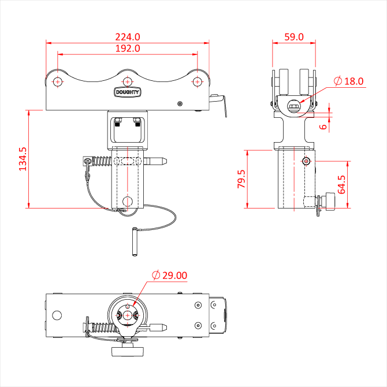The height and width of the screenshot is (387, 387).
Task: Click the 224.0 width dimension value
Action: (x=128, y=37)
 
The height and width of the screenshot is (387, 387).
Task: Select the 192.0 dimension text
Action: (x=128, y=49)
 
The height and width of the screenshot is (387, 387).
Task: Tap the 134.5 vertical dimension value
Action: (x=23, y=159)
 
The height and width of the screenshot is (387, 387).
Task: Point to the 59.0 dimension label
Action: (x=294, y=37)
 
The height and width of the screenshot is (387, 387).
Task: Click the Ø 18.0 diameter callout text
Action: (x=348, y=81)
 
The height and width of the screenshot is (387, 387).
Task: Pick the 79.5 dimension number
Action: (x=241, y=179)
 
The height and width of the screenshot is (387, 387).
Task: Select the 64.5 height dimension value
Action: (x=341, y=185)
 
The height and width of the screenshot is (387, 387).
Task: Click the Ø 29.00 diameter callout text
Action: (x=170, y=275)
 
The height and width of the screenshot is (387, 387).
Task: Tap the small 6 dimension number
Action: (x=323, y=126)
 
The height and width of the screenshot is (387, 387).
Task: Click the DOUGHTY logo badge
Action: (x=127, y=92)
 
